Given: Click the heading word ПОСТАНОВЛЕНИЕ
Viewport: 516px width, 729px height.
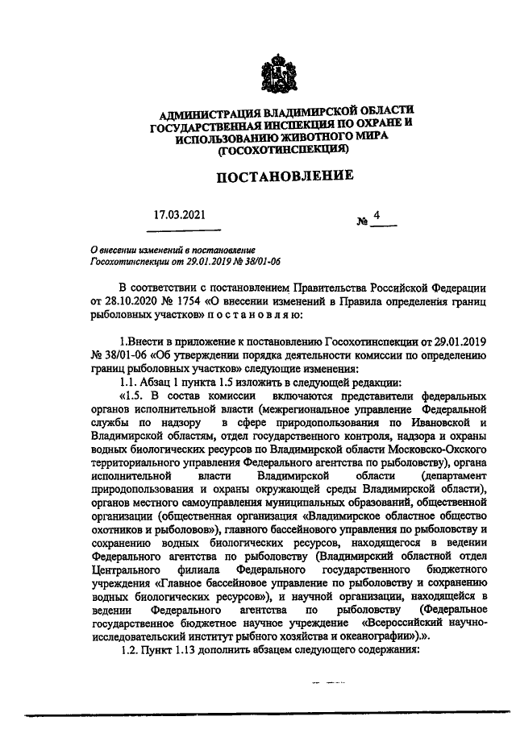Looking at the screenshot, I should point(272,176).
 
